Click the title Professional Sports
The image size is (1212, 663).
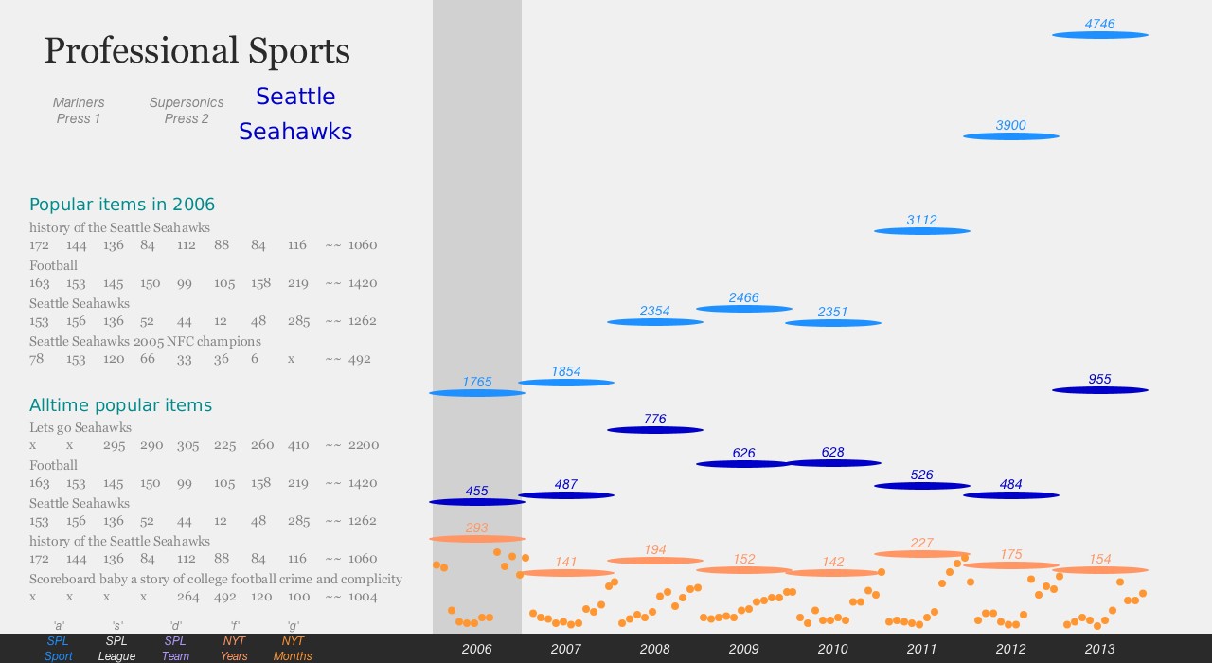coord(197,51)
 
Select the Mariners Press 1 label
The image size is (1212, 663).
coord(79,111)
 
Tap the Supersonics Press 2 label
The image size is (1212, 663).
coord(187,111)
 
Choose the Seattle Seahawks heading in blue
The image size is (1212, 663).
coord(295,114)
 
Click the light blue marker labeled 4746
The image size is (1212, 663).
coord(1099,35)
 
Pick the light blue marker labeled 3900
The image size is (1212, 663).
coord(1010,136)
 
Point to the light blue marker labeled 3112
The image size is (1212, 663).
coord(921,231)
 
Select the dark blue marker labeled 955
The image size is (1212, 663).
coord(1099,390)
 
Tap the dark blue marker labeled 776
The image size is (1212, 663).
coord(654,430)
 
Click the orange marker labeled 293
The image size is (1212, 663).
coord(476,539)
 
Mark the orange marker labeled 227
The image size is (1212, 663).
coord(921,554)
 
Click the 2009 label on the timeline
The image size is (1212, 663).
coord(743,649)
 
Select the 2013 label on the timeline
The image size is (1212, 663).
coord(1099,649)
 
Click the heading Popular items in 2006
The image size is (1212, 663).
coord(122,205)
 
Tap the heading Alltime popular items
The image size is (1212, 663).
coord(120,405)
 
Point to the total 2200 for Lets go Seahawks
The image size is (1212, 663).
coord(364,445)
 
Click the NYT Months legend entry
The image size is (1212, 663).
coord(293,649)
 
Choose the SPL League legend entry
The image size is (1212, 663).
coord(116,649)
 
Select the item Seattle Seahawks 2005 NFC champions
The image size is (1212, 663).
coord(145,341)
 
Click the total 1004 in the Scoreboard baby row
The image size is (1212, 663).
coord(364,597)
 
